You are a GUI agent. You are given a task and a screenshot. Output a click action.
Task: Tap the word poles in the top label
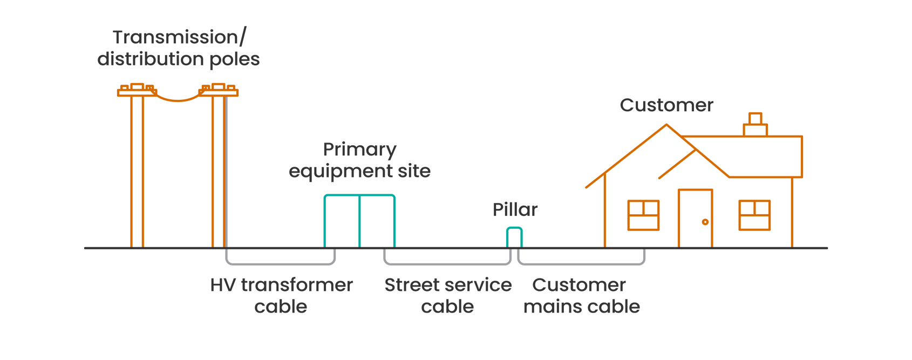click(x=234, y=59)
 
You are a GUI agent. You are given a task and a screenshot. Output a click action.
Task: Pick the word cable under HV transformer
click(x=281, y=307)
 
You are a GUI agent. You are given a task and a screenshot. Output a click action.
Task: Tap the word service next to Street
click(x=477, y=285)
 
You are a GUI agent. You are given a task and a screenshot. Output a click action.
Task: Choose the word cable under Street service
click(x=447, y=307)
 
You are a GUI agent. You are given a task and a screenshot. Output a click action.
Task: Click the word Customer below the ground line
click(x=579, y=285)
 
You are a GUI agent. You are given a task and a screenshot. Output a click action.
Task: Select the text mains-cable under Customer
click(x=582, y=307)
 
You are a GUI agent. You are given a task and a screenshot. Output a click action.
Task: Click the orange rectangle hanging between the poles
click(x=170, y=132)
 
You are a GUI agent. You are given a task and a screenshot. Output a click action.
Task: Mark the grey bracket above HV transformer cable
click(x=281, y=264)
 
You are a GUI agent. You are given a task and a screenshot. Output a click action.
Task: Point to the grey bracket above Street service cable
click(x=447, y=264)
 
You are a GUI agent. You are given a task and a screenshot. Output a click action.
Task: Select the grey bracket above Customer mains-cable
click(x=582, y=264)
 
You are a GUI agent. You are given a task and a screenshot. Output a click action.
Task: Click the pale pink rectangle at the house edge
click(x=594, y=220)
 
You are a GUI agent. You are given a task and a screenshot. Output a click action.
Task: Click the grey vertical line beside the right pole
click(x=226, y=173)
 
